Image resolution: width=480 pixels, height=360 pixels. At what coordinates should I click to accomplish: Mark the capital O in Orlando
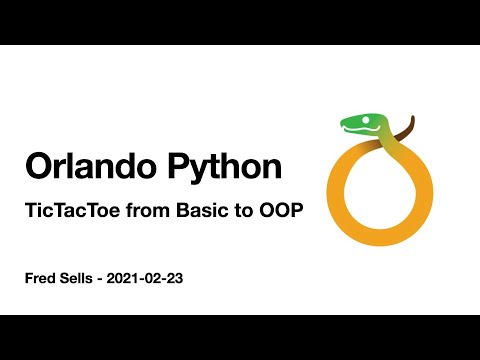(37, 167)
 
